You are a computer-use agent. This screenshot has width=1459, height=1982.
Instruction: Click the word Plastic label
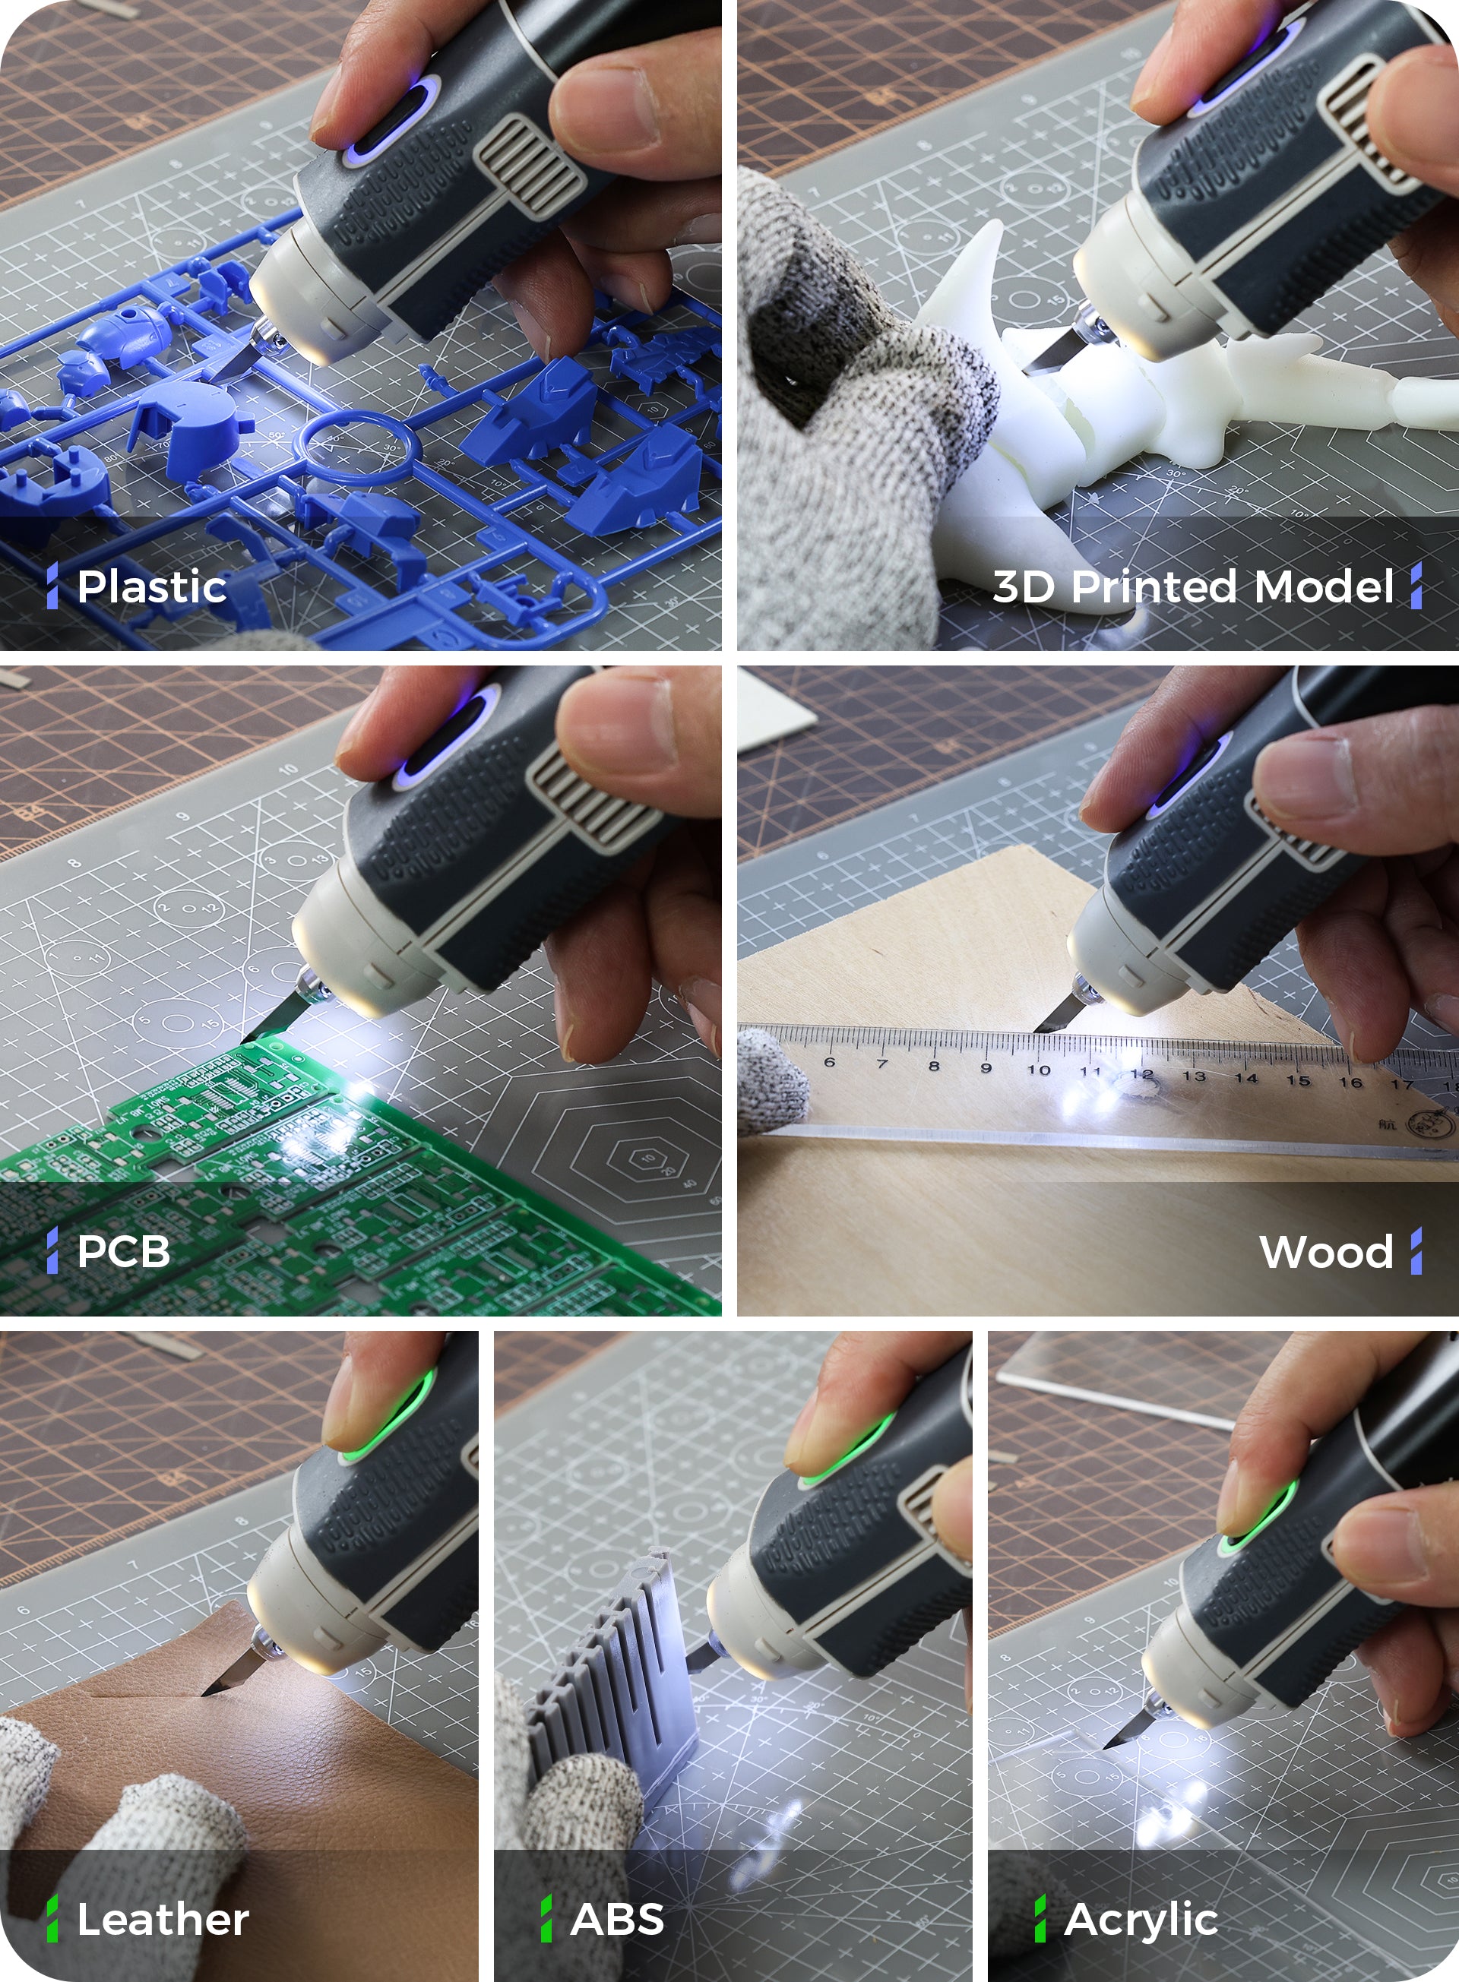click(x=151, y=587)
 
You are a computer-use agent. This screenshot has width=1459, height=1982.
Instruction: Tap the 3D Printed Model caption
click(x=1192, y=587)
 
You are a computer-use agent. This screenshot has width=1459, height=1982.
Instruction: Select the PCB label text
click(x=123, y=1251)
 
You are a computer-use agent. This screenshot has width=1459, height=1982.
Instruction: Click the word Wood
click(x=1326, y=1252)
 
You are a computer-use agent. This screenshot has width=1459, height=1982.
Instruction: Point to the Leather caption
click(x=163, y=1919)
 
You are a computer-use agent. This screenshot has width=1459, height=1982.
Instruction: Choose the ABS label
click(x=616, y=1919)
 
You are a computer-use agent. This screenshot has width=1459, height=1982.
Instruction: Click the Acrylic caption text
click(x=1140, y=1919)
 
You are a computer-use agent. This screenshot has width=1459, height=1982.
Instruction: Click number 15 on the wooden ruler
click(x=1298, y=1079)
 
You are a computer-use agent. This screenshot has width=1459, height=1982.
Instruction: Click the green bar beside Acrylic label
click(x=1040, y=1918)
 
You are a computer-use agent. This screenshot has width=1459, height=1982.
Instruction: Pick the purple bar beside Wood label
click(x=1416, y=1251)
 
